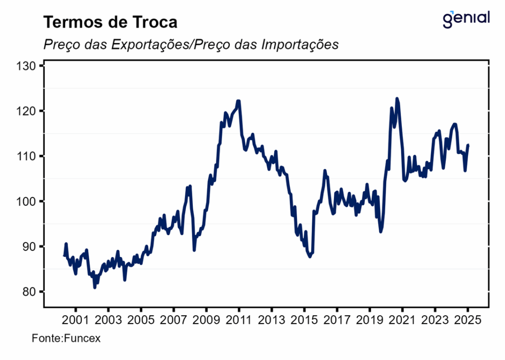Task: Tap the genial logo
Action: (x=467, y=18)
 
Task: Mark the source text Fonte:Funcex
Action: (x=66, y=339)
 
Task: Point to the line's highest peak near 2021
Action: (x=397, y=99)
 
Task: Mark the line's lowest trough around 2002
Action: (x=95, y=288)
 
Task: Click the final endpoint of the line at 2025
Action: (x=468, y=145)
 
